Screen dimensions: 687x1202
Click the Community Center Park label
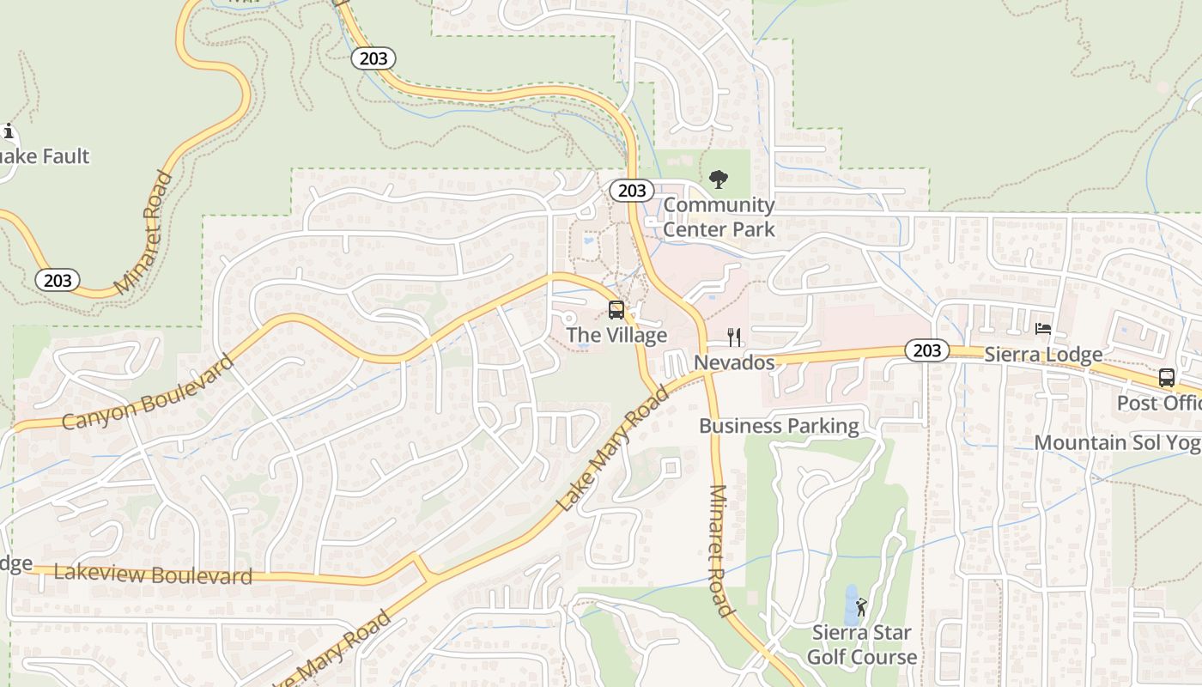(x=719, y=217)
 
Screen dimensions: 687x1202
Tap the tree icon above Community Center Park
(x=719, y=179)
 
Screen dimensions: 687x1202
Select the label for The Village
(x=616, y=335)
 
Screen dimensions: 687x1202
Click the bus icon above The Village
(x=616, y=310)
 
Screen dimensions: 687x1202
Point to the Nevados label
(x=734, y=362)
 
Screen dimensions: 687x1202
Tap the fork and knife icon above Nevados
(x=734, y=337)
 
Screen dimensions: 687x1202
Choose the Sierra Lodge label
(x=1043, y=355)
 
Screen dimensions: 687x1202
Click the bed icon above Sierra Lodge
(x=1043, y=329)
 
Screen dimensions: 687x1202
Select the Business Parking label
(x=779, y=426)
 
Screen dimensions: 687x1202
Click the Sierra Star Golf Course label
(x=862, y=645)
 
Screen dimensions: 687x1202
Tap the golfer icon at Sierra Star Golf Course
(x=861, y=607)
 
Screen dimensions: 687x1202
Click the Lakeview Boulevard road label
(x=153, y=575)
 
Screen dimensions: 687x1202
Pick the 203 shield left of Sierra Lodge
(x=926, y=350)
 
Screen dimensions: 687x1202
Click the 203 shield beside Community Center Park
(x=632, y=191)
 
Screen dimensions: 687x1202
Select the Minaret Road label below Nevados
(x=719, y=550)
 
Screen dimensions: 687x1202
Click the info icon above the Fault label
(x=9, y=131)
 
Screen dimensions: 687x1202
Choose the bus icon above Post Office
(x=1167, y=377)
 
